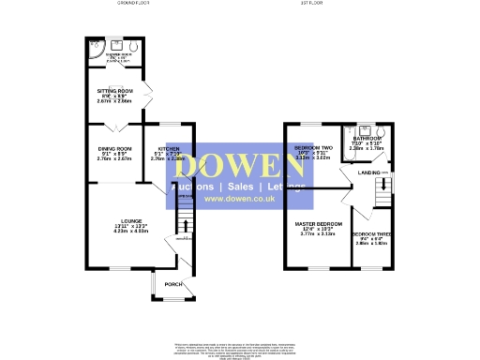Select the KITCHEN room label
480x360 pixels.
(x=169, y=148)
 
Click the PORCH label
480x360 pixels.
(x=172, y=284)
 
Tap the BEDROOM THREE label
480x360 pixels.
(x=371, y=233)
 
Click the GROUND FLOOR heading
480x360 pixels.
(x=132, y=4)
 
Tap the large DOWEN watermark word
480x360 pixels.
(x=239, y=166)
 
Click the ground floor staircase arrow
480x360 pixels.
(x=185, y=225)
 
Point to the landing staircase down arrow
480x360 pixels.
(x=382, y=187)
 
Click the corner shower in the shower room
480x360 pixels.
(x=92, y=47)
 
